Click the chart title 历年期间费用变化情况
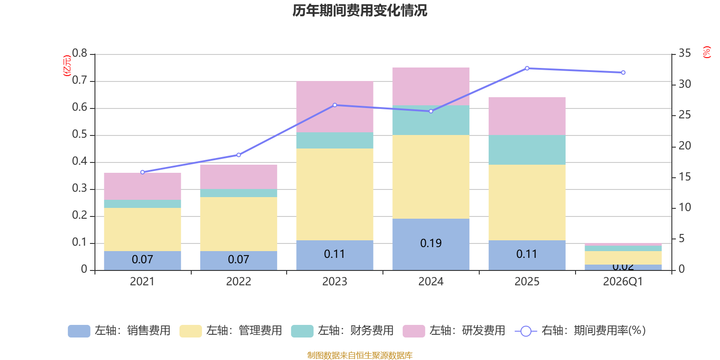[360, 10]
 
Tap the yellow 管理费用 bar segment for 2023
[334, 194]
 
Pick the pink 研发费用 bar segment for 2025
[526, 116]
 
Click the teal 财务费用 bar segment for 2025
[526, 150]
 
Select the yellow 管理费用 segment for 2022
[238, 224]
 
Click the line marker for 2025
[527, 68]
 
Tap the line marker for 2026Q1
[623, 72]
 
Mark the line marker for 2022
[238, 155]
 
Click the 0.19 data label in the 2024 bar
[431, 243]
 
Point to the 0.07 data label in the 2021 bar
[142, 260]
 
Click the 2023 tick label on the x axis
[334, 282]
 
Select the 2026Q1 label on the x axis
[623, 282]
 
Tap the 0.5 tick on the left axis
[80, 135]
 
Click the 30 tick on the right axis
[684, 84]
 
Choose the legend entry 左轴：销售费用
[119, 331]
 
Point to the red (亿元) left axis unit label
[67, 66]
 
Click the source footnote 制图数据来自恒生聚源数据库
[360, 355]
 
